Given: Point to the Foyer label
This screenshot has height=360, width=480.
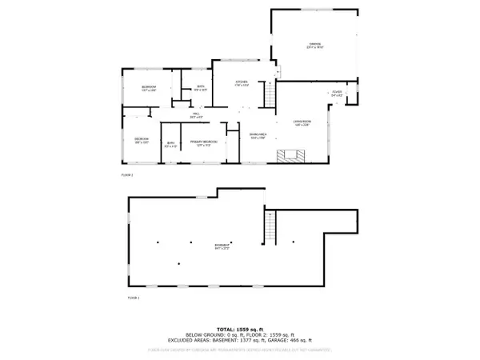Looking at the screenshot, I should click(338, 94).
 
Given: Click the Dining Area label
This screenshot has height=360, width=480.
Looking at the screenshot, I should click(257, 135).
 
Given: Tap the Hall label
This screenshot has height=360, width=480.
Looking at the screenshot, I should click(194, 115).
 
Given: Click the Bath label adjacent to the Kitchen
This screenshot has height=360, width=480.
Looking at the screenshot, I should click(201, 88).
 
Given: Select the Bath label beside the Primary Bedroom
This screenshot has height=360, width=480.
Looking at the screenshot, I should click(170, 144).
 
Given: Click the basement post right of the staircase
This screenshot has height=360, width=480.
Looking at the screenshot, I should click(294, 241).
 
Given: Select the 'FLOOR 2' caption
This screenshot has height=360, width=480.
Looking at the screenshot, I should click(127, 174).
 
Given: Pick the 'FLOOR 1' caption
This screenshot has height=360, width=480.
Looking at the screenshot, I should click(133, 298).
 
